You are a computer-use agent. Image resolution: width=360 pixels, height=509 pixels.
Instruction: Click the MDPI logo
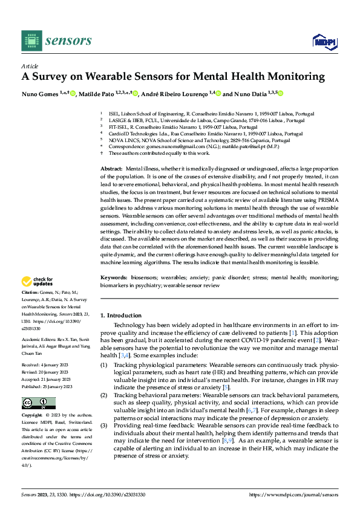point(324,41)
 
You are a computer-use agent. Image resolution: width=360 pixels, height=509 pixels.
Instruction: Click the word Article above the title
point(30,66)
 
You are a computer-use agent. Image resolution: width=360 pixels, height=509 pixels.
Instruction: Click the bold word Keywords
point(113,277)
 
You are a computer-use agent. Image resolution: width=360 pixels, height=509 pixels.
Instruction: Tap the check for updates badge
point(39,281)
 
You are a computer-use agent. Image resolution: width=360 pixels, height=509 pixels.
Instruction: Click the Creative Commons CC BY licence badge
point(38,403)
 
